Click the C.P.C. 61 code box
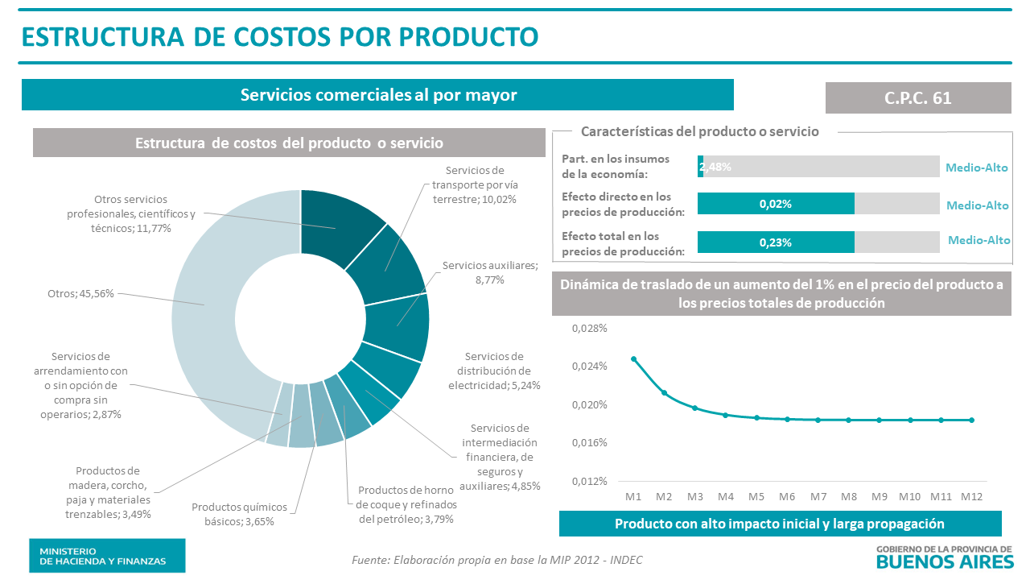pyautogui.click(x=918, y=97)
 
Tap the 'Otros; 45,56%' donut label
pyautogui.click(x=80, y=293)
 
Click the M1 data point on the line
pyautogui.click(x=633, y=359)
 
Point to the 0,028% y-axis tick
pyautogui.click(x=589, y=329)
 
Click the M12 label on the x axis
pyautogui.click(x=971, y=496)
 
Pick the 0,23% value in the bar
pyautogui.click(x=775, y=242)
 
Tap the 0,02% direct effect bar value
pyautogui.click(x=775, y=205)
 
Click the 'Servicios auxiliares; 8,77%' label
pyautogui.click(x=489, y=272)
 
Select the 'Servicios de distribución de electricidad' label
pyautogui.click(x=493, y=371)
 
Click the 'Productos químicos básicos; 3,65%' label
pyautogui.click(x=239, y=514)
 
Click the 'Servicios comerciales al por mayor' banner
pyautogui.click(x=377, y=95)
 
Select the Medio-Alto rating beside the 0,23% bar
pyautogui.click(x=978, y=240)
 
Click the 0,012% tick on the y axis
pyautogui.click(x=589, y=481)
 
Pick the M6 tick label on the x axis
pyautogui.click(x=787, y=496)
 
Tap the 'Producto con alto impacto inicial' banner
pyautogui.click(x=779, y=524)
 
